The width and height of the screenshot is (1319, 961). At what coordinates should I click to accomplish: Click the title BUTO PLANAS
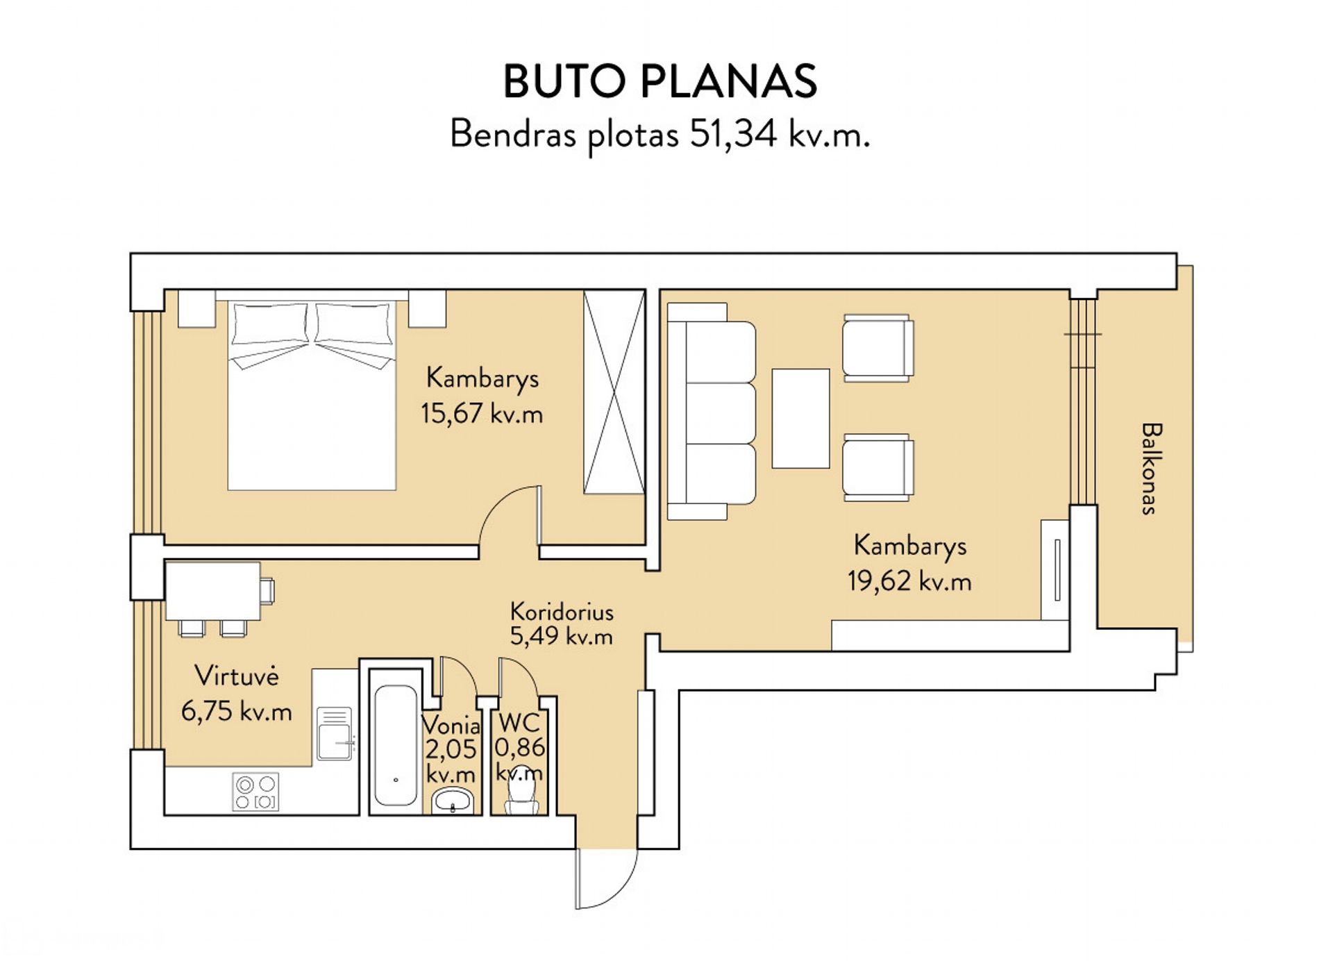[x=659, y=81]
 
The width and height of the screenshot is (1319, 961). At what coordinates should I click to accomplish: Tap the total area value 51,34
[x=733, y=133]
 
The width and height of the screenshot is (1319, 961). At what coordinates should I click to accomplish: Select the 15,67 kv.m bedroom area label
[x=482, y=414]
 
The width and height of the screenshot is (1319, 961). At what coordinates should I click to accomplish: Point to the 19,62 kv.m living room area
[x=909, y=580]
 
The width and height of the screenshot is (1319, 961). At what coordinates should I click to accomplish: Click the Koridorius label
[x=562, y=612]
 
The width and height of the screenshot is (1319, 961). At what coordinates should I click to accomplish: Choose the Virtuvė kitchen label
[x=237, y=675]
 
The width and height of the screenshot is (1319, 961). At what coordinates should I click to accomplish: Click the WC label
[x=519, y=723]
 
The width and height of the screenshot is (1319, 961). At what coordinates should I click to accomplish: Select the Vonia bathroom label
[x=451, y=725]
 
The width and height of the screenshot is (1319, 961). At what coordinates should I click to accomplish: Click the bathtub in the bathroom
[x=396, y=745]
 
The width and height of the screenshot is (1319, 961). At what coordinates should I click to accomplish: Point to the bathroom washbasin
[x=453, y=801]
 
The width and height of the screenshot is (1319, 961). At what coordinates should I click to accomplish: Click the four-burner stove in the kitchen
[x=255, y=792]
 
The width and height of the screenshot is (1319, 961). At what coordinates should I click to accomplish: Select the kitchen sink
[x=335, y=733]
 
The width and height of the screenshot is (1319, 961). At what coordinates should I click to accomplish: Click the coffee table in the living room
[x=800, y=418]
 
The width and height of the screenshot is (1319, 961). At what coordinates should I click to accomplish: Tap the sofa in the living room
[x=712, y=411]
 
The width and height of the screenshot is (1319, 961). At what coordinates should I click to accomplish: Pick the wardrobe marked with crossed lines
[x=614, y=392]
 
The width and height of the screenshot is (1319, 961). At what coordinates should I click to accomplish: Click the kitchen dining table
[x=212, y=591]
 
